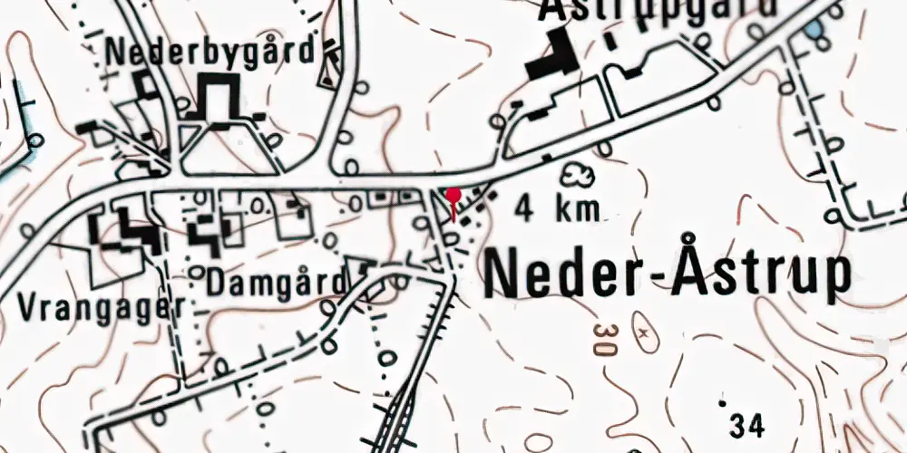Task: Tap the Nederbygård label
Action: [211, 51]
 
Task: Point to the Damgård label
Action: [278, 282]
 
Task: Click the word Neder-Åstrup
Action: [669, 273]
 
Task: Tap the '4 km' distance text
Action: [559, 210]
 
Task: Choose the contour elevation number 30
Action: [601, 335]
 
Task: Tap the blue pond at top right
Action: [816, 31]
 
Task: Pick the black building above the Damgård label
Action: [206, 235]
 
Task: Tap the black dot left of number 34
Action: [722, 400]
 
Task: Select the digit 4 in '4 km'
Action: [524, 210]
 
